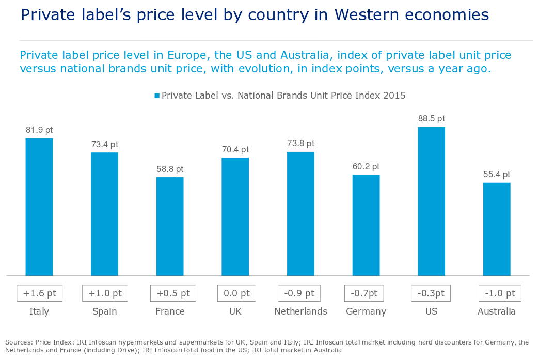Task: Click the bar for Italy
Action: (39, 207)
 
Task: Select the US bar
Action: (431, 201)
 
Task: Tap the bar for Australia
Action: (497, 229)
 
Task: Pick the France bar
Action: (170, 226)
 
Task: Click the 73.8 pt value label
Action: (300, 144)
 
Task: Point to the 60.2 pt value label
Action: (366, 166)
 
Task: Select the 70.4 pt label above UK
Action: (235, 150)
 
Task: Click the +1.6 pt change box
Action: (40, 293)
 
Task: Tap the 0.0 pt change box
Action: (235, 293)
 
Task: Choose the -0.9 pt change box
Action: (299, 293)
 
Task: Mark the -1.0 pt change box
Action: (499, 293)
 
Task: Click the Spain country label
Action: (104, 311)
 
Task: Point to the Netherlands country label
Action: (300, 311)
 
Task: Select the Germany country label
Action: (366, 311)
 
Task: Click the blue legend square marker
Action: (157, 96)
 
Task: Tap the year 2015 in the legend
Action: (395, 96)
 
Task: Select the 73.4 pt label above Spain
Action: (105, 145)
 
